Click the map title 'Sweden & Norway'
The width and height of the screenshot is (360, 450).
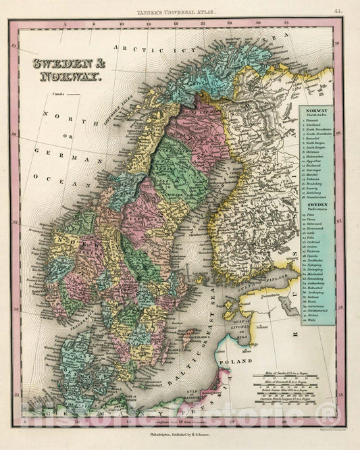coord(66,70)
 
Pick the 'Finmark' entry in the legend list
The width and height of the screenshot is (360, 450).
coord(313,120)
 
